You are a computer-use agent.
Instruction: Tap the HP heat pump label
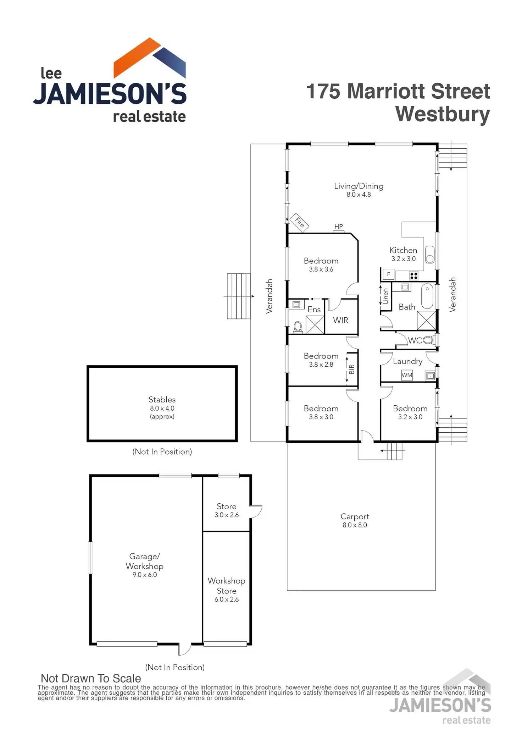tap(339, 227)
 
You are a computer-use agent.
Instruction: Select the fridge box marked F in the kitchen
tap(389, 274)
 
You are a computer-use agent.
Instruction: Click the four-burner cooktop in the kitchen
tap(413, 275)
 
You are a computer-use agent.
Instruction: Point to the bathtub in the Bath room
tap(427, 296)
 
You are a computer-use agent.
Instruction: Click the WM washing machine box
tap(407, 375)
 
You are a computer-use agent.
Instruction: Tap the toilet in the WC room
tap(429, 340)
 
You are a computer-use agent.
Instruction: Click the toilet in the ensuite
tap(298, 327)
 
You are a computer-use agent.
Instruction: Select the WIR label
tap(340, 321)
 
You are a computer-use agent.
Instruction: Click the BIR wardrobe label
tap(352, 370)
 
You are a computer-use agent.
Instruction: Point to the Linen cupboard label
tap(386, 296)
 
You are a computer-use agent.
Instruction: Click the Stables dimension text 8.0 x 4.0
tap(162, 409)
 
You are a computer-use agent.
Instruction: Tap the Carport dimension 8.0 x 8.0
tap(355, 525)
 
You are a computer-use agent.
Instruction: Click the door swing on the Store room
tap(256, 511)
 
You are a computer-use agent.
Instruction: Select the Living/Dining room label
tap(359, 186)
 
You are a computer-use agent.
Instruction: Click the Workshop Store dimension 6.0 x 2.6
tap(226, 600)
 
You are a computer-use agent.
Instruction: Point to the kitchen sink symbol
tap(429, 254)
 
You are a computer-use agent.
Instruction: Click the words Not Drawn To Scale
tap(91, 678)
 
